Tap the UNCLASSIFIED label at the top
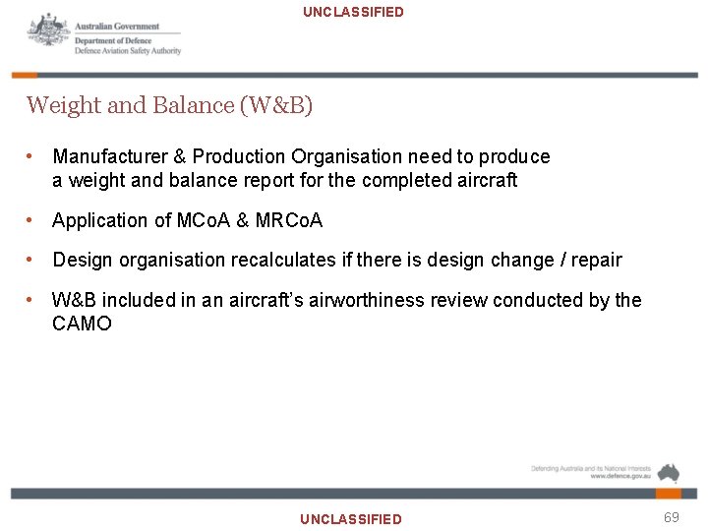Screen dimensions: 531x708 pos(353,12)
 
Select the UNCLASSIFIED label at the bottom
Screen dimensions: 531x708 pos(351,518)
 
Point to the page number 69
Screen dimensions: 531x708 pos(672,516)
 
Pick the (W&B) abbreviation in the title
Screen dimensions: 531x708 pos(276,105)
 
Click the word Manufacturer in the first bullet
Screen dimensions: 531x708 pos(107,156)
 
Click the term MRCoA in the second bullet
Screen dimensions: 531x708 pos(288,220)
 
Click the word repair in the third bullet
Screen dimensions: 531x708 pos(597,260)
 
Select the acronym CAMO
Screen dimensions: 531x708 pos(82,324)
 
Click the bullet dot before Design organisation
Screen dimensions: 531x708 pos(32,260)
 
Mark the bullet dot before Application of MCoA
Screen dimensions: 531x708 pos(32,220)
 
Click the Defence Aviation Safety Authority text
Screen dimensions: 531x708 pos(128,52)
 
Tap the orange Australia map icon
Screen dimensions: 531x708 pos(669,472)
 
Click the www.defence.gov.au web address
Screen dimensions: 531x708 pos(619,477)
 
